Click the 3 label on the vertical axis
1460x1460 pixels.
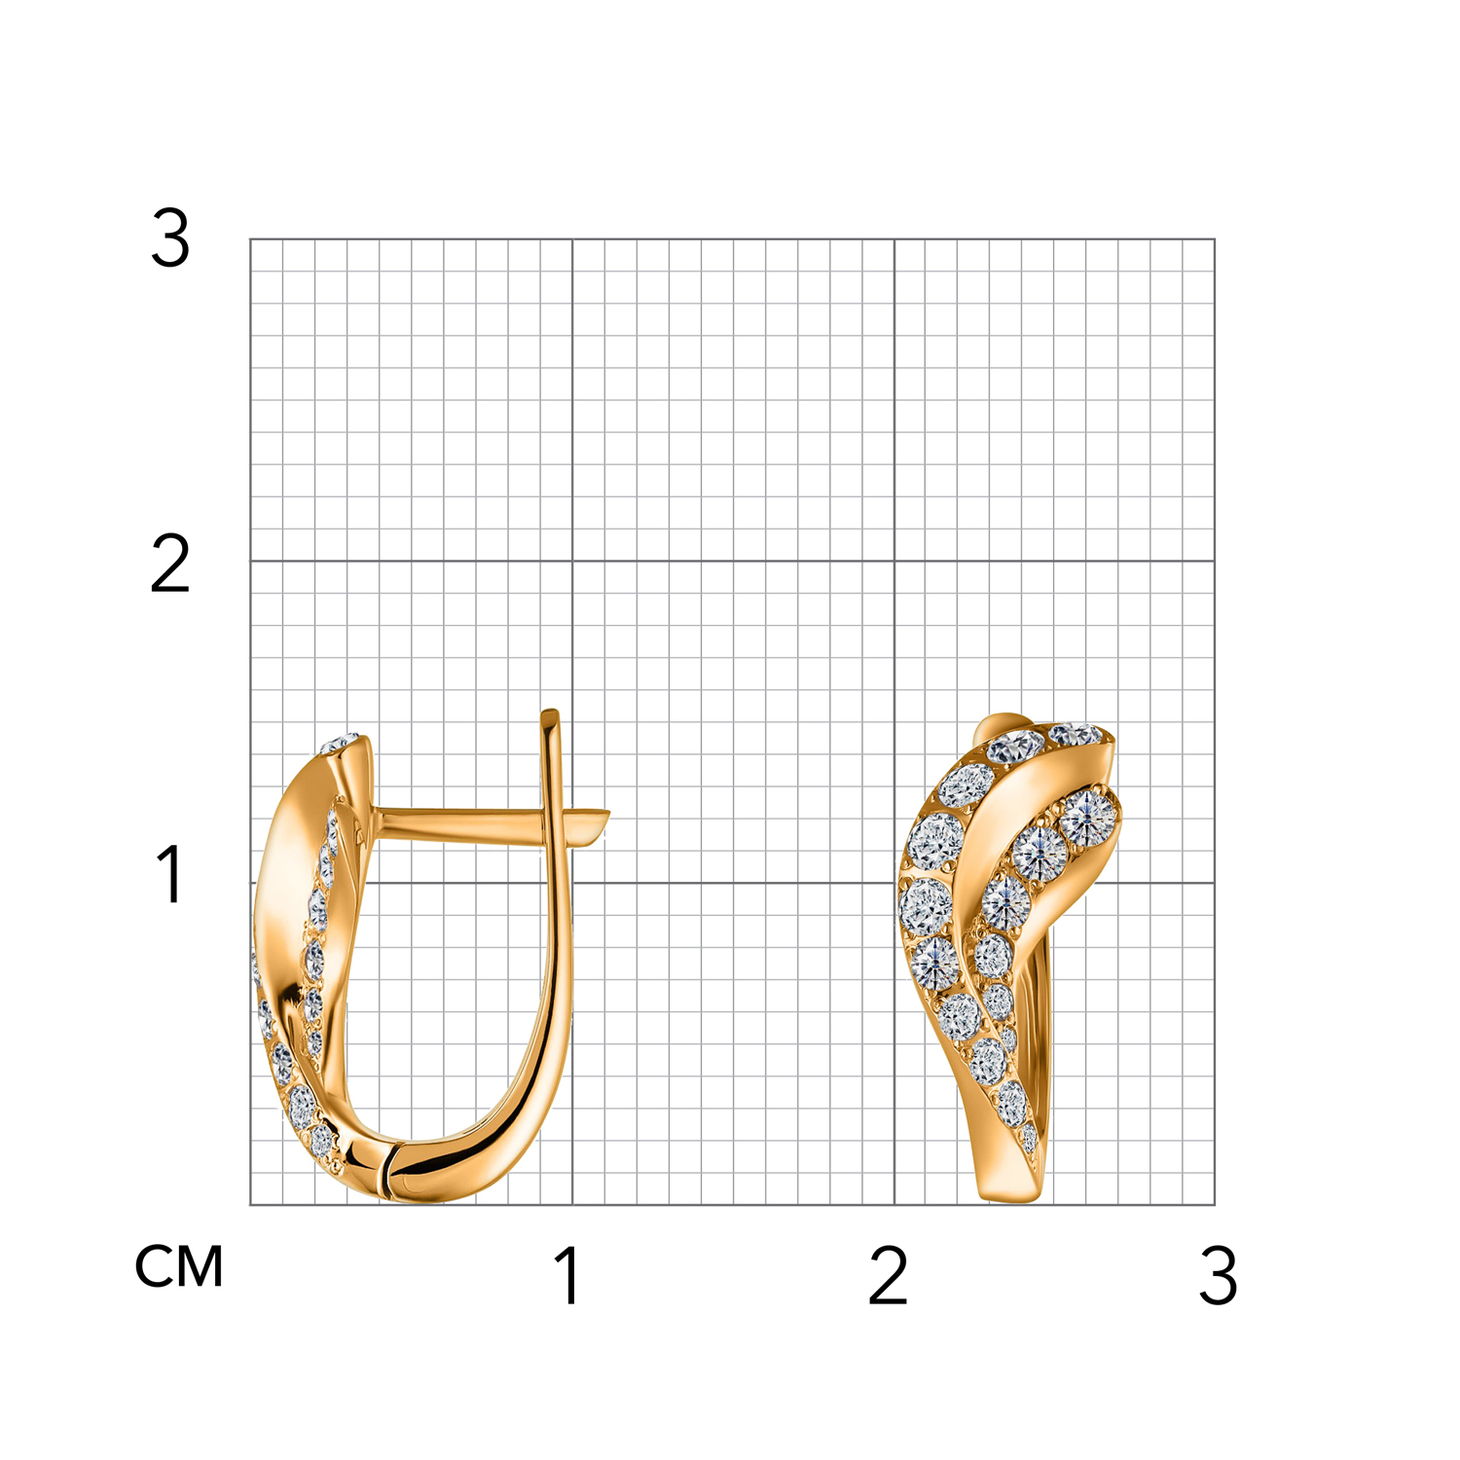[x=170, y=238]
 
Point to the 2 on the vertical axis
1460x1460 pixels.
[x=170, y=564]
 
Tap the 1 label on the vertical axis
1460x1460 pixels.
[x=171, y=874]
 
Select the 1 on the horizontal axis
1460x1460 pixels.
[x=568, y=1275]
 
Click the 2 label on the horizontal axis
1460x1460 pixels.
[x=888, y=1275]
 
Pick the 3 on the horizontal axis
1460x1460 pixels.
[x=1219, y=1275]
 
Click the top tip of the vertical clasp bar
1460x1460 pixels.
[x=550, y=712]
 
